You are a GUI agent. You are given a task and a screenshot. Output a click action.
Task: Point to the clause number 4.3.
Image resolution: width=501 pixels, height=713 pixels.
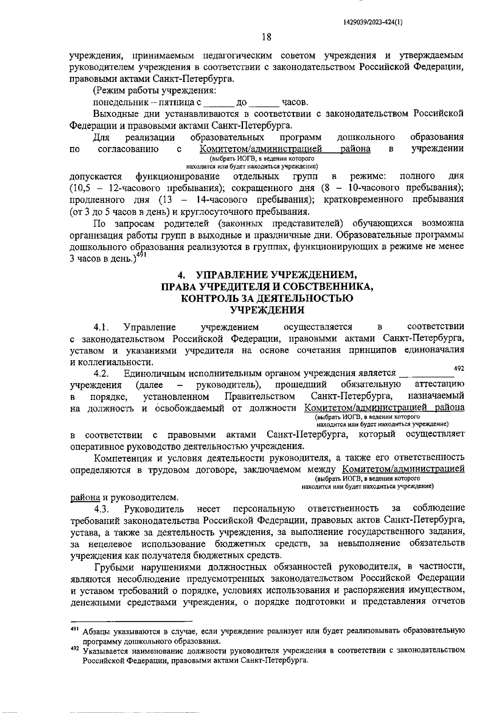(101, 509)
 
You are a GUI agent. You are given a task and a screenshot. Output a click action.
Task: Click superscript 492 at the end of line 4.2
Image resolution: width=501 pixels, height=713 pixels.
(459, 368)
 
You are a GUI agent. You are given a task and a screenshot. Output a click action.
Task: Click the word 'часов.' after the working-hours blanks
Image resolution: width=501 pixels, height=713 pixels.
(295, 102)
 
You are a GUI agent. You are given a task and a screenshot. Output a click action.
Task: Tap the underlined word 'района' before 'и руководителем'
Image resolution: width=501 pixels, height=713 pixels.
(85, 497)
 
